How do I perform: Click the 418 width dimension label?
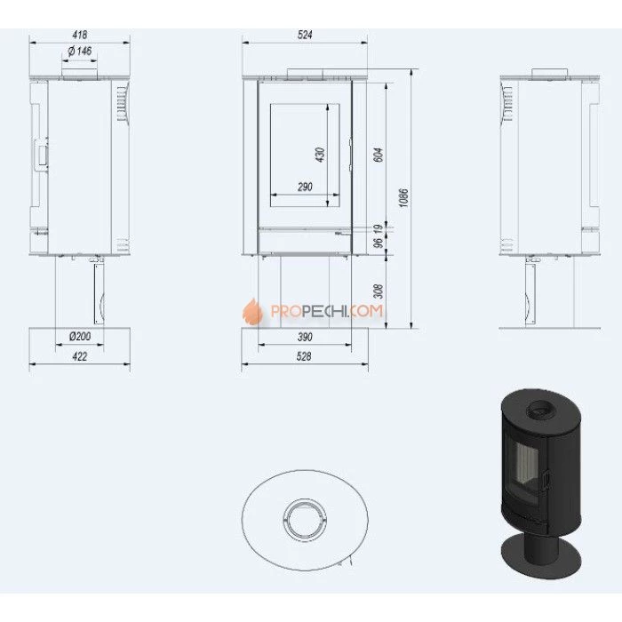(x=80, y=35)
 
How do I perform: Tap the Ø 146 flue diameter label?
(x=80, y=52)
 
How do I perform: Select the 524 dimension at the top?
(x=305, y=35)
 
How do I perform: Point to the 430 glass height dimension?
(x=321, y=155)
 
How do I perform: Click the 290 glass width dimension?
(x=305, y=187)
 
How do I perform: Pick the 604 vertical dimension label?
(x=379, y=155)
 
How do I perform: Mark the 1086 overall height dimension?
(x=403, y=198)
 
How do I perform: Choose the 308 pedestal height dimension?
(x=379, y=291)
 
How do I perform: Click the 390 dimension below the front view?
(x=305, y=337)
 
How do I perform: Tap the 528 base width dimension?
(x=304, y=356)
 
